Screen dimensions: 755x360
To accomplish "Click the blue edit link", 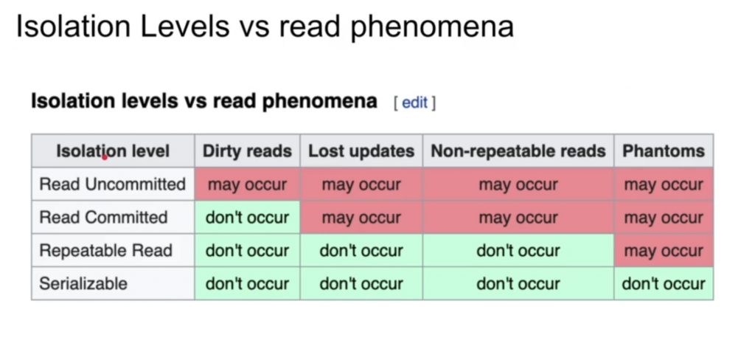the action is pos(414,103).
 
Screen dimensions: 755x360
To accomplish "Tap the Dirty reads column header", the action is pos(247,150).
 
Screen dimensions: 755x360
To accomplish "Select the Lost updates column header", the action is pos(361,150).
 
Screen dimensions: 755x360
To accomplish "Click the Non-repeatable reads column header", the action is pos(518,150).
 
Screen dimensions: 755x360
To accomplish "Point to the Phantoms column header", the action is pos(664,150).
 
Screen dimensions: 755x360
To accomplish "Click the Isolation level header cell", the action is pos(113,150).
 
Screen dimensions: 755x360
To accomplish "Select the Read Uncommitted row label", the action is pos(113,184).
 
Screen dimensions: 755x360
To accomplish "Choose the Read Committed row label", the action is pos(103,218).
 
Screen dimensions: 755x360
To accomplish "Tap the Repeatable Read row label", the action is pos(106,251).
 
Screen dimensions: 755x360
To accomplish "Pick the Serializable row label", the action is pos(83,283).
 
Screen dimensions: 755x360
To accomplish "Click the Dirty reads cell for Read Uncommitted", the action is pos(247,184).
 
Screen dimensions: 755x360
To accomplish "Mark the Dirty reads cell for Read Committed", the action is pos(247,218).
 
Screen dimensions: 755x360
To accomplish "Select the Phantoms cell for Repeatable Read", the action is pos(664,251).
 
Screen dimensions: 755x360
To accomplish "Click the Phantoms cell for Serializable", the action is pos(664,283).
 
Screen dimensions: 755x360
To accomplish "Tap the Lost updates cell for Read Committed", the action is pos(361,218).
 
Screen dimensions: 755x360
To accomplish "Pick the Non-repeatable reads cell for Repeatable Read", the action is pos(518,251).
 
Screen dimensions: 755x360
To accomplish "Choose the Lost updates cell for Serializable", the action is pos(361,283).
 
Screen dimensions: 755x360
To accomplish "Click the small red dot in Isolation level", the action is pos(105,156).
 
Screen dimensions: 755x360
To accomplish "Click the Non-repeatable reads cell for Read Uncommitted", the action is pos(518,184).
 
